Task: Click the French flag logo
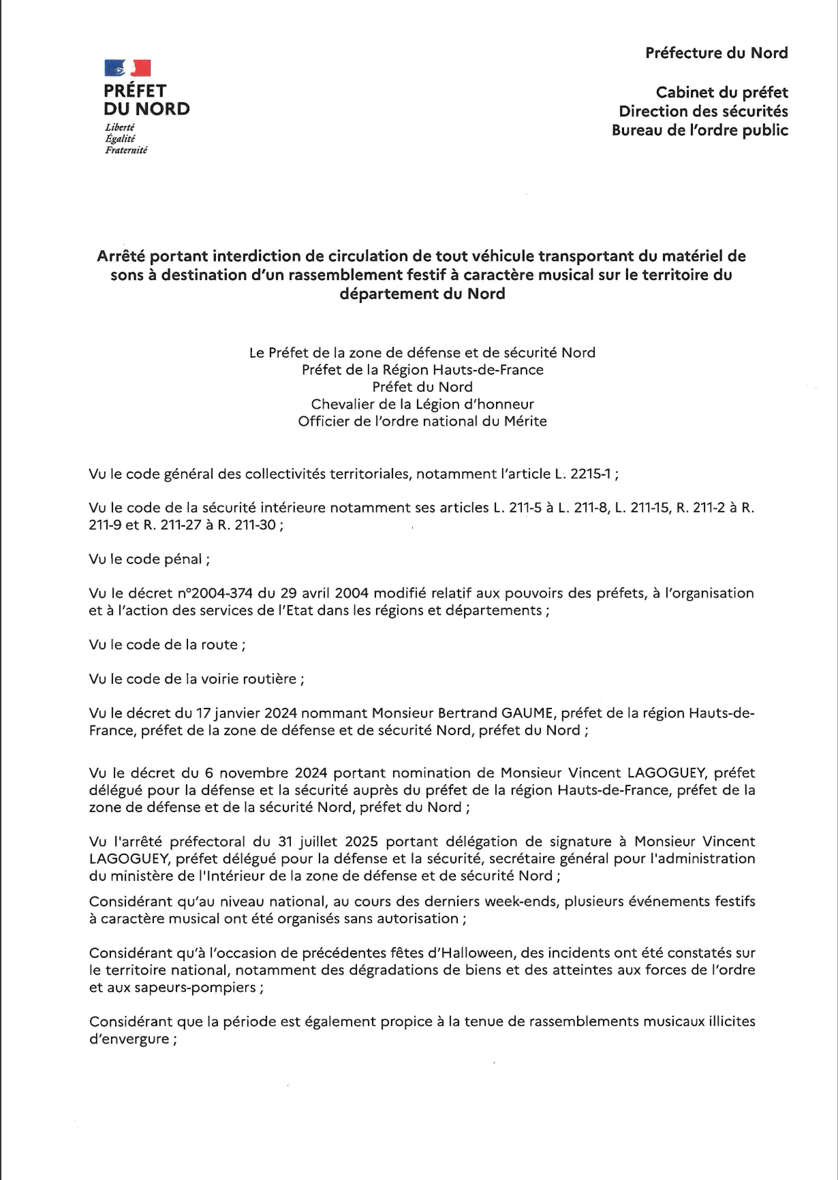[x=127, y=67]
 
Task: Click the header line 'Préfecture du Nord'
[x=717, y=53]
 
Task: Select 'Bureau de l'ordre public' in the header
[x=700, y=130]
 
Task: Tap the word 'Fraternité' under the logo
[x=126, y=150]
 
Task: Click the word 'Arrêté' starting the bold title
[x=121, y=256]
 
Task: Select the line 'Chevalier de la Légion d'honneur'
[x=422, y=404]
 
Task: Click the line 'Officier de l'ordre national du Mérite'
[x=422, y=421]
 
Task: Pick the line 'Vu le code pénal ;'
[x=149, y=559]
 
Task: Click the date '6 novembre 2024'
[x=266, y=773]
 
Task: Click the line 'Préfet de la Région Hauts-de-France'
[x=422, y=370]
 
